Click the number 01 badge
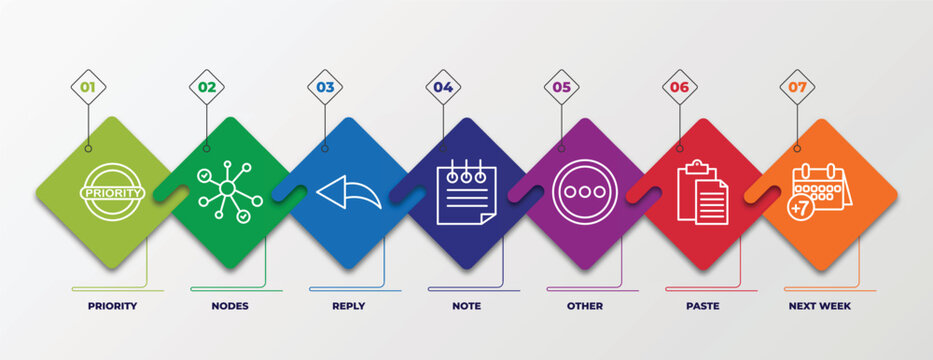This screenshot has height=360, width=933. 88,87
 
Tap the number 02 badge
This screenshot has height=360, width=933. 207,87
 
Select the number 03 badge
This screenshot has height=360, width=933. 325,87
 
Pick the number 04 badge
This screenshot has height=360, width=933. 443,87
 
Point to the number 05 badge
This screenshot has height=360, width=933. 562,87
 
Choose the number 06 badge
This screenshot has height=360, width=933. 680,87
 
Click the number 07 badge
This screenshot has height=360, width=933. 797,87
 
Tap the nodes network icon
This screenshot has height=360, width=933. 229,191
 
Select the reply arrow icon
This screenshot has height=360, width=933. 348,191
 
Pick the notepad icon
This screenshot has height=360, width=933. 466,191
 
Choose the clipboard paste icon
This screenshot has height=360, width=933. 702,192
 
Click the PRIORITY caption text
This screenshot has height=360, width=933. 112,306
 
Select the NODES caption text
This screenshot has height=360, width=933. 230,306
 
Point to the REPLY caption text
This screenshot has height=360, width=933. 348,306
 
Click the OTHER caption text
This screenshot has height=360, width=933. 585,306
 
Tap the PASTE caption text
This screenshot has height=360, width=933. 702,306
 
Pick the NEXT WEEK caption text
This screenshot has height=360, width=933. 820,306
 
